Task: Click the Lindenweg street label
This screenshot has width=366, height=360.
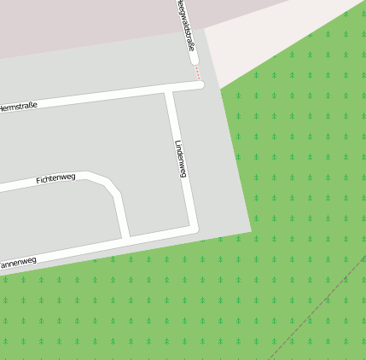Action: point(180,159)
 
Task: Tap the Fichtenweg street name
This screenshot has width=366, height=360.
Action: point(55,179)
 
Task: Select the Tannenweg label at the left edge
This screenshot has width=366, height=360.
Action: point(16,264)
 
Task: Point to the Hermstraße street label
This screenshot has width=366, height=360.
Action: point(18,107)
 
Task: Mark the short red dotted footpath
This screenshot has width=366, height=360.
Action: point(198,73)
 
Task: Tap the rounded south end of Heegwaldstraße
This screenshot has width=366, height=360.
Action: point(194,61)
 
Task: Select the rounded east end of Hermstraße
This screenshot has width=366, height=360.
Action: point(200,84)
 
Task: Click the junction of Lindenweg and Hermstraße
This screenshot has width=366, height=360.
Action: point(170,90)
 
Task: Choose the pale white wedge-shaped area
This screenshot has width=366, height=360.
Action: point(256,43)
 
